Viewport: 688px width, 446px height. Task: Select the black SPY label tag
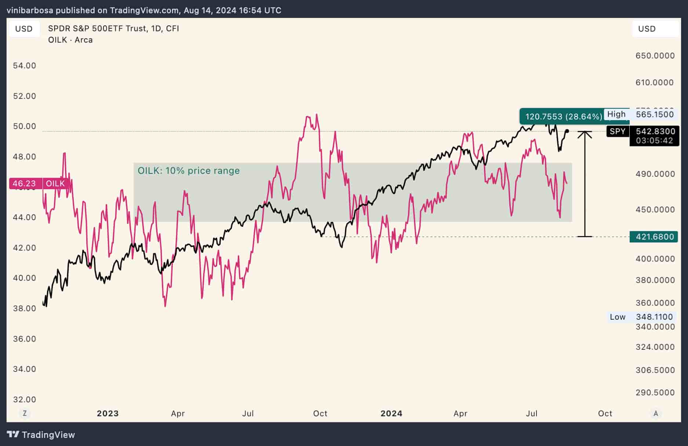pos(618,131)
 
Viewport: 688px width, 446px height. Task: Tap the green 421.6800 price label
pos(655,237)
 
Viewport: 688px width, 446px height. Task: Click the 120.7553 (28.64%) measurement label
pos(564,116)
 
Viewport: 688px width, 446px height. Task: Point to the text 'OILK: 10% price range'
pos(189,170)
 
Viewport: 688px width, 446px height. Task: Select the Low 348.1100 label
pos(641,317)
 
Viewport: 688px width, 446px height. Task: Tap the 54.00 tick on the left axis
pos(25,65)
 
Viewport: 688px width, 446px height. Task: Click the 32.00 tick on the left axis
pos(25,399)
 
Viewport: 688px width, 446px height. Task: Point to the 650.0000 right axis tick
pos(655,55)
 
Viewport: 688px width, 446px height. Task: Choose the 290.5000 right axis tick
pos(655,392)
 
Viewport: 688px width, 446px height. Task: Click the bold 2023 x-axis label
pos(108,413)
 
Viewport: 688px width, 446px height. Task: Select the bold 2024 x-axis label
pos(391,413)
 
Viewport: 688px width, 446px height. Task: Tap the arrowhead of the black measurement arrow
pos(585,134)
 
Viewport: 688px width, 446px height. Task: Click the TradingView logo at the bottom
pos(41,435)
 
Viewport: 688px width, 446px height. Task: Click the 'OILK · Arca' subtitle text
pos(70,40)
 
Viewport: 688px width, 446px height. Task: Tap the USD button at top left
pos(24,29)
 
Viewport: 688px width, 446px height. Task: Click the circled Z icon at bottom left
pos(25,413)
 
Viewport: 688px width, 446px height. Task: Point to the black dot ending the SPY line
pos(567,131)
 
